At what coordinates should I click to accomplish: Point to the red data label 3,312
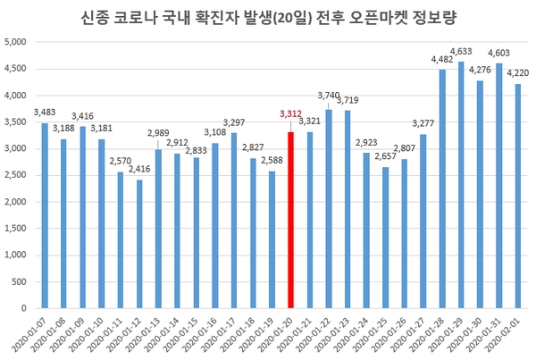(x=291, y=113)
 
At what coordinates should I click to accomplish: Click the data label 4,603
(x=498, y=56)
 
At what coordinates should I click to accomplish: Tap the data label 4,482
(x=442, y=60)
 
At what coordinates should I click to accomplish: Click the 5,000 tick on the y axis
(x=20, y=42)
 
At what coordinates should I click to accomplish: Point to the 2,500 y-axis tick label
(x=20, y=175)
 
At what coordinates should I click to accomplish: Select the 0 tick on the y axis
(x=29, y=308)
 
